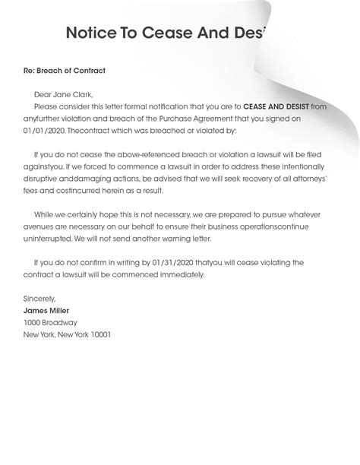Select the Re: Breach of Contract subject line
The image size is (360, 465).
[65, 71]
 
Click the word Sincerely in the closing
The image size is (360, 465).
[39, 299]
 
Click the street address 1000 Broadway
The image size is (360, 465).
[50, 322]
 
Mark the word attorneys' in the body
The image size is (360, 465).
[306, 179]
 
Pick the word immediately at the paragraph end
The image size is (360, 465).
[181, 274]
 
